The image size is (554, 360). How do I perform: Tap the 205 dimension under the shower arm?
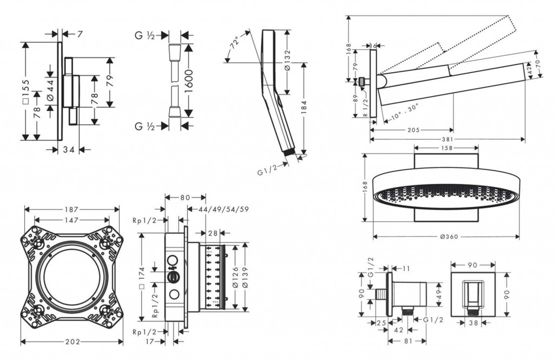413,130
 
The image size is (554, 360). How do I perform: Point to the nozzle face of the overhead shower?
446,197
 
